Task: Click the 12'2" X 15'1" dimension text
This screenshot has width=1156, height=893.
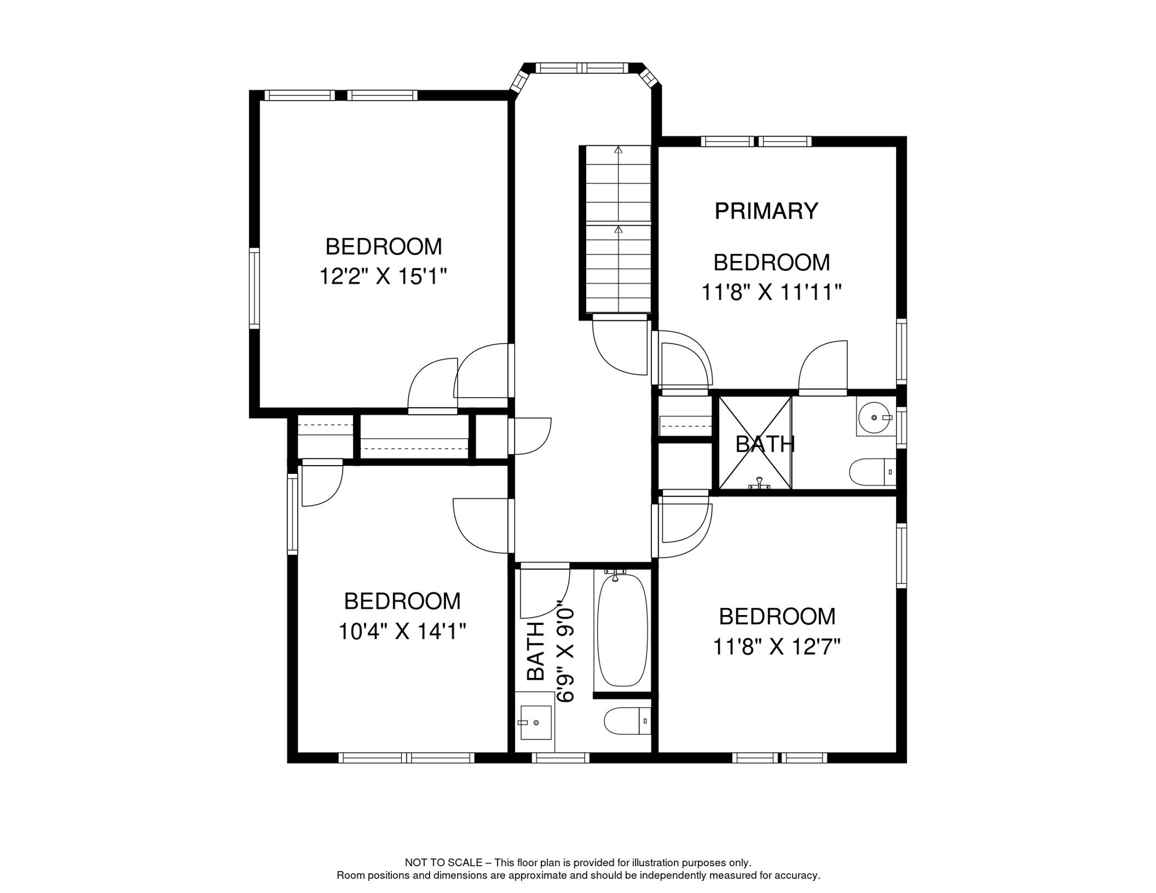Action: point(383,277)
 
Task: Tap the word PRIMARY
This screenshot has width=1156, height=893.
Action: point(766,211)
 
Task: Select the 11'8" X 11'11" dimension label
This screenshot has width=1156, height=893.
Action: point(772,292)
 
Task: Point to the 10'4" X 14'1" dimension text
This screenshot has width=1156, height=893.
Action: point(402,631)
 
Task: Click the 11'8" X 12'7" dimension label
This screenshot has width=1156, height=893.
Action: point(777,646)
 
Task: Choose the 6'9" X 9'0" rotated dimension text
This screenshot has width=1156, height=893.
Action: point(566,652)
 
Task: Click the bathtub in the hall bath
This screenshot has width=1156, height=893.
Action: point(622,630)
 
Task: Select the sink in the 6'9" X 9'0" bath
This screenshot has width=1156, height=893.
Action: point(536,722)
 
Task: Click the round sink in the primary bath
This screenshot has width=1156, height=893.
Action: point(875,417)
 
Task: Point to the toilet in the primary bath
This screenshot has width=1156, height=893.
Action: point(873,472)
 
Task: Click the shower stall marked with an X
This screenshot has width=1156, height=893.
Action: point(755,443)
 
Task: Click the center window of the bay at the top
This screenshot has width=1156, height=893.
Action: point(582,68)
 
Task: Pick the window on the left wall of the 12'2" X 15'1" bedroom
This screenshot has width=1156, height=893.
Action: point(254,288)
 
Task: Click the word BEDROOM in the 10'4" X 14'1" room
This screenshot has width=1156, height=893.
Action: point(402,601)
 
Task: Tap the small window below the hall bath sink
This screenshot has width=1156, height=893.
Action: point(561,758)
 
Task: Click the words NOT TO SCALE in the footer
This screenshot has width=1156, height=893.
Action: point(444,863)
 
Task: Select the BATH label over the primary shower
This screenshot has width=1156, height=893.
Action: point(765,444)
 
